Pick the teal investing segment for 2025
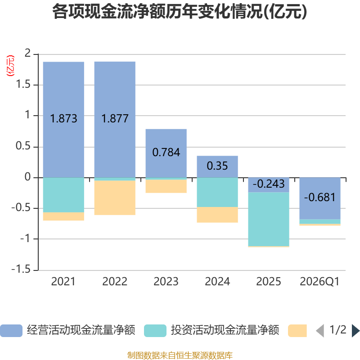coord(269,219)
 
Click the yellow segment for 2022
coord(115,198)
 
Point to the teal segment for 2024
coord(217,192)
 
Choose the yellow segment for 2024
coord(217,215)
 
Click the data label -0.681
coord(320,197)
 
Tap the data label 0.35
coord(217,166)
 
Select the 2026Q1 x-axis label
coord(320,282)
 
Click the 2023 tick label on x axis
coord(166,282)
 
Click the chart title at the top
coord(180,12)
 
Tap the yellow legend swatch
coord(297,330)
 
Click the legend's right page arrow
coord(355,330)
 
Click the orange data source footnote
coord(180,355)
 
